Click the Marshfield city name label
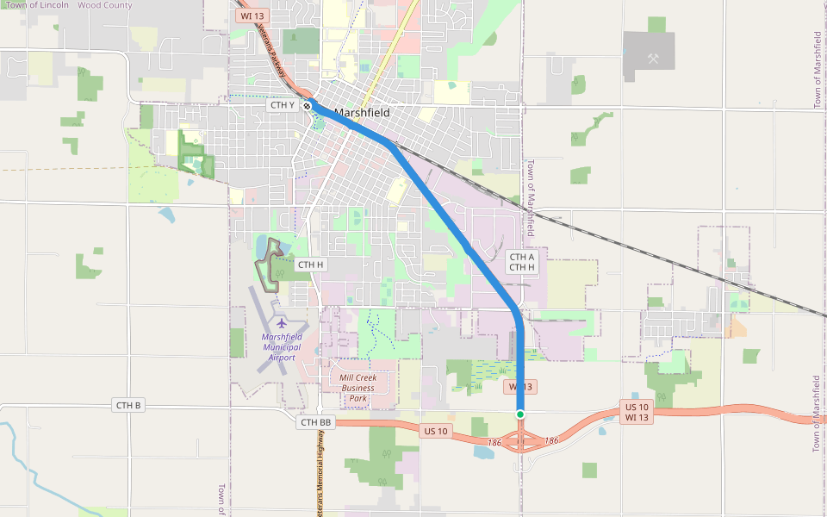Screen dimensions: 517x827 [x=362, y=113]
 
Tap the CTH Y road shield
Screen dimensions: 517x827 [x=283, y=105]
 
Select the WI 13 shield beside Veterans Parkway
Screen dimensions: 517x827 [x=252, y=16]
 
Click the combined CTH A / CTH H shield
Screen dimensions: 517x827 [x=522, y=262]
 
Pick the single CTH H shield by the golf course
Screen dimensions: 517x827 [x=309, y=265]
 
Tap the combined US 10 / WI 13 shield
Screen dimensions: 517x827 [x=637, y=412]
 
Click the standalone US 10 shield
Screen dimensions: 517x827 [x=436, y=430]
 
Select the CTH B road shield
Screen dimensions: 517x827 [x=127, y=404]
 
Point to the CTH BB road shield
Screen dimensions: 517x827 [x=315, y=422]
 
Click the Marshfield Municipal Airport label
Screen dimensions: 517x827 [x=282, y=346]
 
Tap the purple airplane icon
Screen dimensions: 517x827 [x=282, y=323]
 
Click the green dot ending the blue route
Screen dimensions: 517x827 [x=520, y=414]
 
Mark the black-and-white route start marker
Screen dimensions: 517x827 [x=307, y=105]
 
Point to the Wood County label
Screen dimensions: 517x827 [x=105, y=5]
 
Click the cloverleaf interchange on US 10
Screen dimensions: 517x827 [x=521, y=442]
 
